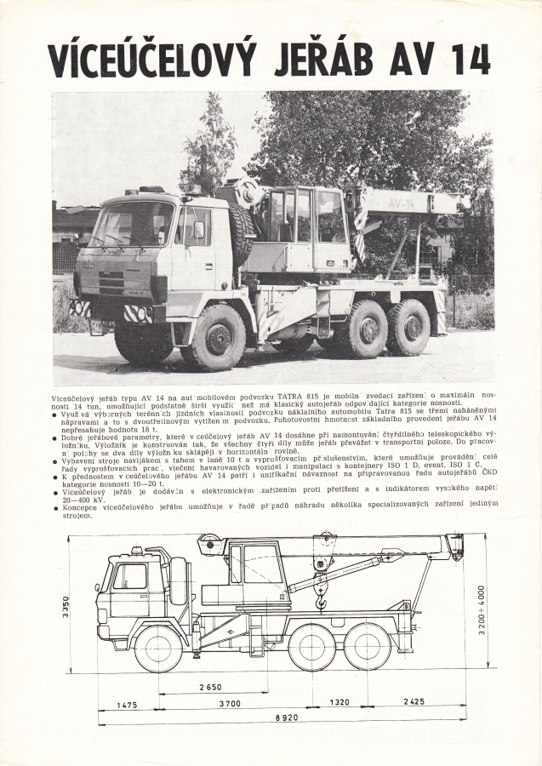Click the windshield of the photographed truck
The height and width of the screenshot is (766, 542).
click(133, 225)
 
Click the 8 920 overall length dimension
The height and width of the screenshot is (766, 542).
click(280, 717)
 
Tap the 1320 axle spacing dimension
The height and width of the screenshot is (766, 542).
click(339, 703)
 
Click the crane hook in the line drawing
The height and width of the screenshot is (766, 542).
click(321, 602)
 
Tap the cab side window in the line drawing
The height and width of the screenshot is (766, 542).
click(133, 576)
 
